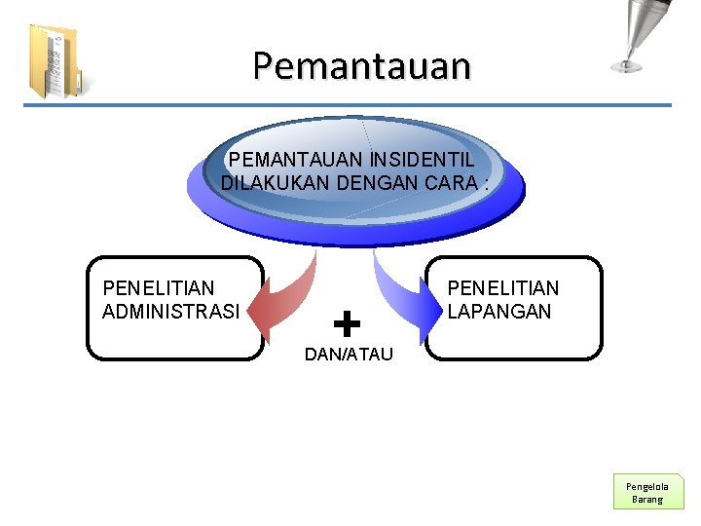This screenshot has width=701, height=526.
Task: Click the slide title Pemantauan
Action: tap(361, 66)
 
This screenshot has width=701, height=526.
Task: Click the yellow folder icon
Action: tap(54, 61)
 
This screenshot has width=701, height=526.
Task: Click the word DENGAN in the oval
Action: tap(373, 182)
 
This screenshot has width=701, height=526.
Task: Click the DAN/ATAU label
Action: tap(349, 355)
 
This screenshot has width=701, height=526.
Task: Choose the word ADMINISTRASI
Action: tap(170, 312)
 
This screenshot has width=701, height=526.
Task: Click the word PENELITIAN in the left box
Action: tap(159, 288)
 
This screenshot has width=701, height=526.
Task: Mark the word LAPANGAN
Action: tap(499, 312)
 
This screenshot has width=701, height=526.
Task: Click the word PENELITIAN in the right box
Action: tap(503, 288)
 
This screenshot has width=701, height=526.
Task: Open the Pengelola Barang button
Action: tap(647, 492)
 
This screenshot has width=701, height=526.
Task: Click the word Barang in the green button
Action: tap(647, 500)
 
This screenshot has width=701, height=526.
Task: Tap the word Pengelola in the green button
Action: tap(647, 485)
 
